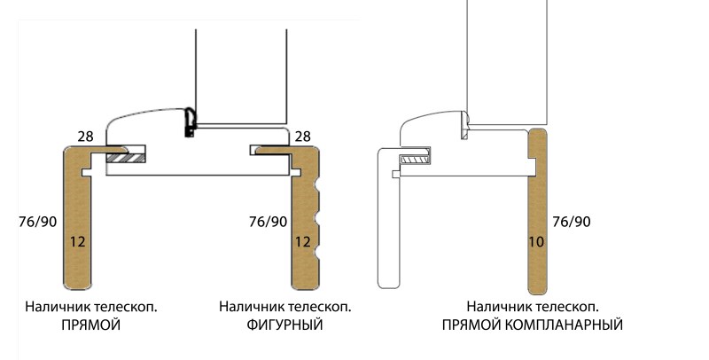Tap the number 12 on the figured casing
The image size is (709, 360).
tap(303, 240)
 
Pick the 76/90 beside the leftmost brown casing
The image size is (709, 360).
tap(35, 221)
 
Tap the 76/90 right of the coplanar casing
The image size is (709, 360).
tap(571, 221)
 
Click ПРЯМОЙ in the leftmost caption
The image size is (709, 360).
tap(90, 325)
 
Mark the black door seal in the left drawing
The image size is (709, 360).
tap(189, 124)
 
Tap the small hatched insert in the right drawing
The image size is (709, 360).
tap(413, 160)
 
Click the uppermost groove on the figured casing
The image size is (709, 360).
tap(316, 184)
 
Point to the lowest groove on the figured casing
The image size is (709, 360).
tap(316, 255)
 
